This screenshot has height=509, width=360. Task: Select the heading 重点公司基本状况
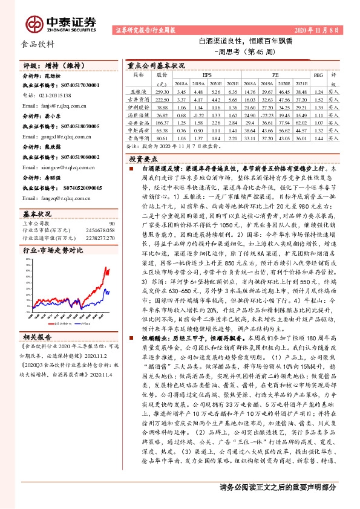(156, 65)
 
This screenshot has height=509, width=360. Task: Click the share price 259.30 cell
(162, 91)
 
